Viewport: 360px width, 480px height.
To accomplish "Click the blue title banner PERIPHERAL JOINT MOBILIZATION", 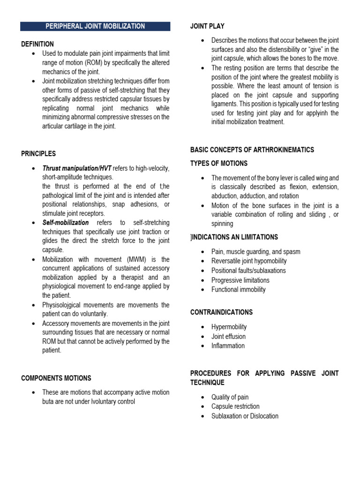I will point(95,26).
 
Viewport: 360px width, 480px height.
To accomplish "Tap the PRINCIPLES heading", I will point(38,154).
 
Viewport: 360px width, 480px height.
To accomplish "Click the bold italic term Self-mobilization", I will point(65,223).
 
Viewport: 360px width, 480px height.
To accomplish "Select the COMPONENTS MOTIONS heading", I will point(56,378).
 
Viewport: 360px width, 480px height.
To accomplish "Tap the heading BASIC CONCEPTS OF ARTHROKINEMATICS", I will point(252,150).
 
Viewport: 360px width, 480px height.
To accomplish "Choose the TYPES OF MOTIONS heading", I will point(219,164).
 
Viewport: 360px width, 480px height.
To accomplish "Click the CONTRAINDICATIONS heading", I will point(221,312).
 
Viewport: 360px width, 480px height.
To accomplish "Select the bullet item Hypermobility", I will point(229,327).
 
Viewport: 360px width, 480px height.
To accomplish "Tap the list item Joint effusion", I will point(228,336).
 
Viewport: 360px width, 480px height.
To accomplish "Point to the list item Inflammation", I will point(228,345).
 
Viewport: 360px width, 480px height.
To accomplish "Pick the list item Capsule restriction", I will point(235,406).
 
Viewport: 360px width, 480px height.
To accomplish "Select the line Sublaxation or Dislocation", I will point(245,416).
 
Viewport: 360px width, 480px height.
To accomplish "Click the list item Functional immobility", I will point(238,289).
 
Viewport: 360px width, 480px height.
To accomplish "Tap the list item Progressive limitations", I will point(240,280).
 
